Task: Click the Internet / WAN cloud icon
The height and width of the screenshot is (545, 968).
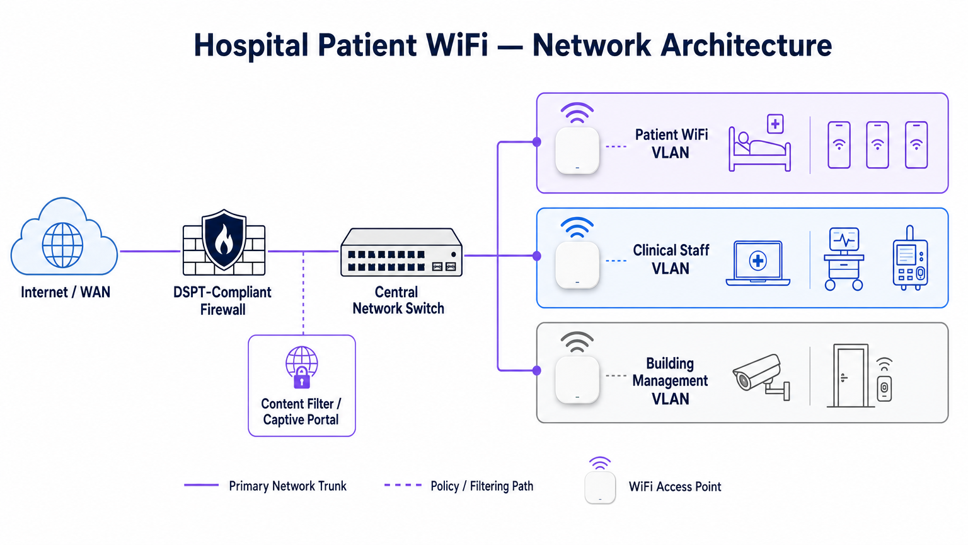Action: (x=64, y=238)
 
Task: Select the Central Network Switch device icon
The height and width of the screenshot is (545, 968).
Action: (x=401, y=253)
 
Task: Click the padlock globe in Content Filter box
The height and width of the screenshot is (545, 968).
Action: (x=301, y=366)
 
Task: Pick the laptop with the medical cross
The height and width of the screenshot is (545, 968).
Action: (x=758, y=262)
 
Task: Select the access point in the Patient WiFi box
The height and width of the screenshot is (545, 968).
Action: (x=577, y=150)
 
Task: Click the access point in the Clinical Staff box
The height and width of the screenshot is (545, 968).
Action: (x=577, y=264)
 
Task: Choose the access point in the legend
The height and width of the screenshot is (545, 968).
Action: (x=600, y=487)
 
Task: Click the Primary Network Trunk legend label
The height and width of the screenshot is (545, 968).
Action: (x=287, y=486)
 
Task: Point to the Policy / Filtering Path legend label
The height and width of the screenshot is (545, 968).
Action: (x=481, y=486)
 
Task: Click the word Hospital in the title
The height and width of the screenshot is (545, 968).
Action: (x=251, y=45)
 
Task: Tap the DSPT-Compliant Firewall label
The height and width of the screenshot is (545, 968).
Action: (x=222, y=301)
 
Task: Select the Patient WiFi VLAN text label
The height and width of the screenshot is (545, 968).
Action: (x=671, y=144)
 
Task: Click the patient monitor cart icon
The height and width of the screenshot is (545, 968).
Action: (x=844, y=259)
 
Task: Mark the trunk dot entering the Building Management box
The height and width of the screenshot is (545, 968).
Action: (x=537, y=370)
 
